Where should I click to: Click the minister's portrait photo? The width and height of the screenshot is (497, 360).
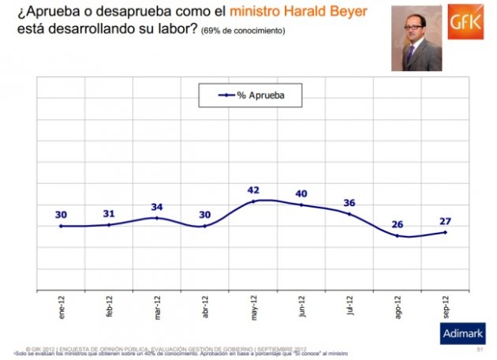coord(416,39)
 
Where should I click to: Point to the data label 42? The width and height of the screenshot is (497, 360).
coord(254,189)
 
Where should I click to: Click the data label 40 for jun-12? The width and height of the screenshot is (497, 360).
coord(301,193)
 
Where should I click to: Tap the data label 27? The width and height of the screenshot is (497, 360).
coord(445,221)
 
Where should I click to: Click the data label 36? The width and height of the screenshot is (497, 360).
coord(349,202)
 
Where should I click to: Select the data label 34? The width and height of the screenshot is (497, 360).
coord(158,207)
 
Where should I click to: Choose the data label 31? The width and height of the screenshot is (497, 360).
coord(110,213)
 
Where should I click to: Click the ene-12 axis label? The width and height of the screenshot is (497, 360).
coord(62,306)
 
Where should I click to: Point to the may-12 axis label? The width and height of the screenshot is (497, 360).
coord(254,306)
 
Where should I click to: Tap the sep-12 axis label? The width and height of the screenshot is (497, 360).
coord(445,306)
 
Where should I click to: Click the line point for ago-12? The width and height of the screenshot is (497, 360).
coord(398,235)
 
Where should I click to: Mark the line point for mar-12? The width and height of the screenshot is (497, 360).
coord(158,218)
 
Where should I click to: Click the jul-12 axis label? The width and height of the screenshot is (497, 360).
coord(349,306)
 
